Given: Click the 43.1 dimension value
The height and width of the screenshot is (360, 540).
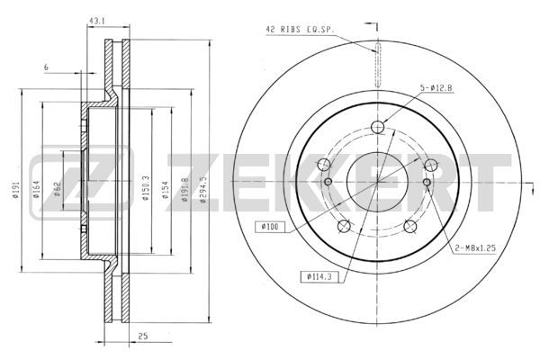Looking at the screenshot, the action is click(x=97, y=21).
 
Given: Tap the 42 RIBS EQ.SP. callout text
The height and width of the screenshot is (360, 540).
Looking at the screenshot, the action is click(x=300, y=30).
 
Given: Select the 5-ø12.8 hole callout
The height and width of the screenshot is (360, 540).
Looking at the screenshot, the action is click(x=436, y=88).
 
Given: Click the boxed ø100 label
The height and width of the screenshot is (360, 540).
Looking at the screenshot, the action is click(x=270, y=227).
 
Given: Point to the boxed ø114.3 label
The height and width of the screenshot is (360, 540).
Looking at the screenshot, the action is click(x=319, y=276).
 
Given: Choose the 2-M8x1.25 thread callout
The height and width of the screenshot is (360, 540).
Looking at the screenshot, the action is click(x=475, y=247).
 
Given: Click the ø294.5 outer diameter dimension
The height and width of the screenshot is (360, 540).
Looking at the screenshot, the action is click(x=203, y=189).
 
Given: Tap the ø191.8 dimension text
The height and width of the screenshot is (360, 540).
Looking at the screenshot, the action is click(x=184, y=189).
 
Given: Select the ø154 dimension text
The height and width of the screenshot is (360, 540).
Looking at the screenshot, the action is click(x=166, y=190).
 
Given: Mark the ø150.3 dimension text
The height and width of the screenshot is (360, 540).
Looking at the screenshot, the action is click(x=146, y=188).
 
